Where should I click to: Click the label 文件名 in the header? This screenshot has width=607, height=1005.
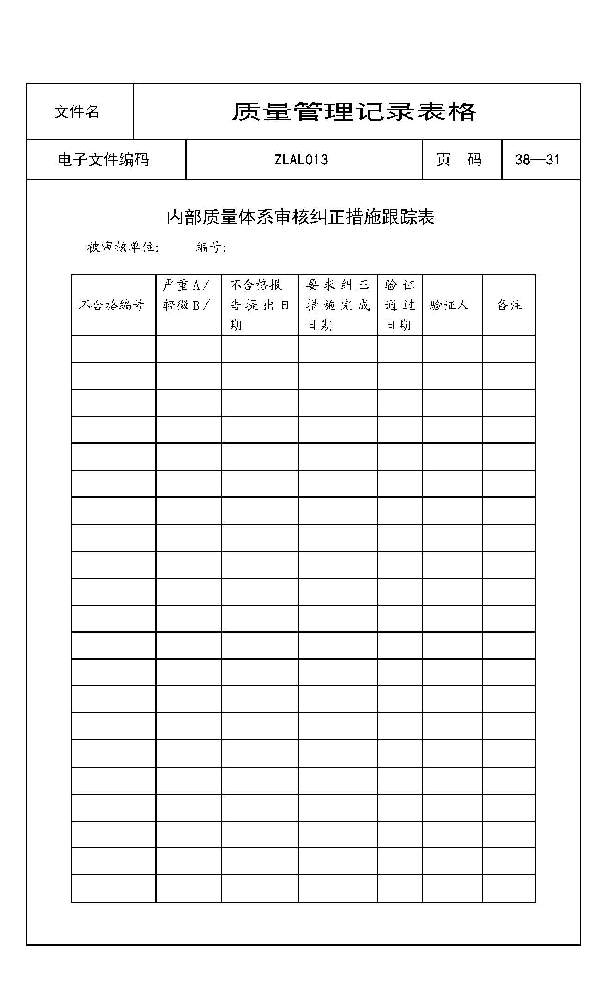[77, 112]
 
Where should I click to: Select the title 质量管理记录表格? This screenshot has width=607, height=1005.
[354, 112]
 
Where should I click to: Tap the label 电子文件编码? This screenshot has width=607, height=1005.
[103, 160]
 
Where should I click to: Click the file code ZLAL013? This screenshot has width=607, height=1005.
[301, 160]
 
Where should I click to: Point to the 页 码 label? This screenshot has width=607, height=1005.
[459, 160]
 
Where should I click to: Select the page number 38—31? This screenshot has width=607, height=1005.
[537, 160]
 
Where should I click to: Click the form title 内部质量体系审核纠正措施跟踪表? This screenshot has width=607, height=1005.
[301, 217]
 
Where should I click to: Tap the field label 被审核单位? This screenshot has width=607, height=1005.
[123, 248]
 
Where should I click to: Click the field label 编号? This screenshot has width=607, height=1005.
[211, 248]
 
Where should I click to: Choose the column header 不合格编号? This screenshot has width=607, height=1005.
[112, 305]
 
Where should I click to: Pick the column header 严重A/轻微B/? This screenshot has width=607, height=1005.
[187, 295]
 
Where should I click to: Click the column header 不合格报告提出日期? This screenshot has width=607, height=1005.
[259, 305]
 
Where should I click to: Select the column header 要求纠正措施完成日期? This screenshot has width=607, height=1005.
[338, 305]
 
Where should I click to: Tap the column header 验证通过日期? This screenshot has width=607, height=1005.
[400, 305]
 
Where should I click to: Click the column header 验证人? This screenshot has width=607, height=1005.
[450, 305]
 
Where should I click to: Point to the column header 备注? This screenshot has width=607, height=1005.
[509, 305]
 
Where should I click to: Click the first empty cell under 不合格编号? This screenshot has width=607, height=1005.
[113, 349]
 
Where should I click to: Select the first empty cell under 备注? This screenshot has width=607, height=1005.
[509, 349]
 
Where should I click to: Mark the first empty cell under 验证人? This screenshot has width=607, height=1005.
[452, 349]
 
